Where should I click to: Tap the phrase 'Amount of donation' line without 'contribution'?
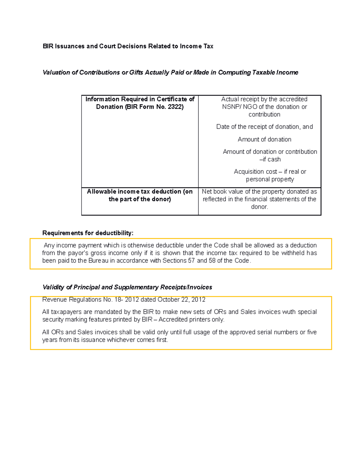point(264,139)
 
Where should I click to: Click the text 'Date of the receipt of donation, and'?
point(264,127)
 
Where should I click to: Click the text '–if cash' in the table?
point(270,159)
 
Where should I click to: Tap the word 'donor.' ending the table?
point(259,207)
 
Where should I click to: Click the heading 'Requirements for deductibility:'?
point(88,233)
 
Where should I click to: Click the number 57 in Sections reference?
point(191,260)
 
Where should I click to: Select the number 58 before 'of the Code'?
point(212,260)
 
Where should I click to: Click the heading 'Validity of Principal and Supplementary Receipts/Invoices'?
point(127,287)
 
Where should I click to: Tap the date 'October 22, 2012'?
point(181,299)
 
